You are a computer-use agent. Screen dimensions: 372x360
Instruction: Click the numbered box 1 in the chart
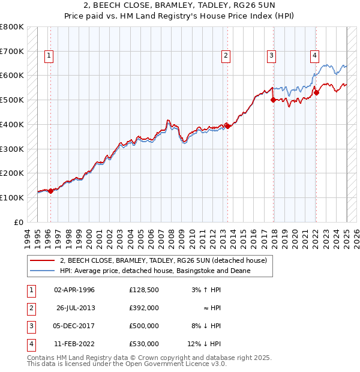click(49, 56)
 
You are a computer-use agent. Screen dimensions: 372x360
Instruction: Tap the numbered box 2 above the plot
click(226, 56)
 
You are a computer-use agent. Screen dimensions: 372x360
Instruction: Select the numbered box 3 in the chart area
click(271, 56)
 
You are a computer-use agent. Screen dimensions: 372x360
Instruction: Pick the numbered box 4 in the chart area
click(314, 56)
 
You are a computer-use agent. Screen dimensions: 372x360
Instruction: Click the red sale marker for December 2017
click(273, 100)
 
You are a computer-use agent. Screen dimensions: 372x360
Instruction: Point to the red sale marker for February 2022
click(316, 92)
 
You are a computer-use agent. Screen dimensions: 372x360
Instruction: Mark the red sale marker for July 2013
click(228, 126)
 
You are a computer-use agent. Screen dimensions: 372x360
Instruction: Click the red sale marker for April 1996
click(51, 190)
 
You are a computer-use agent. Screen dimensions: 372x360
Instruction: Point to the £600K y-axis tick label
click(12, 76)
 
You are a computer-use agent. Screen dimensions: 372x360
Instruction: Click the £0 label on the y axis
click(18, 222)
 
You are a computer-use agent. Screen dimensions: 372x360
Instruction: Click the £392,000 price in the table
click(144, 308)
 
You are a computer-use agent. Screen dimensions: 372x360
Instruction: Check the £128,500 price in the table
click(144, 290)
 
